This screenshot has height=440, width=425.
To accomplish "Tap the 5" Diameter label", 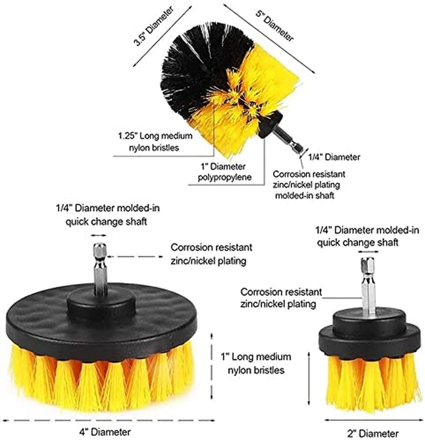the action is (x=275, y=26).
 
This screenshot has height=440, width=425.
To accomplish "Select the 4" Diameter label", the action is (x=105, y=432).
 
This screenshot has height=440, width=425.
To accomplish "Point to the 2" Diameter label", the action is (x=373, y=433).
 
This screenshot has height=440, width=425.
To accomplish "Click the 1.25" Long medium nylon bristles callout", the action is (x=155, y=142).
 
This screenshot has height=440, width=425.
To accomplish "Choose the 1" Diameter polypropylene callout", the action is (x=224, y=172).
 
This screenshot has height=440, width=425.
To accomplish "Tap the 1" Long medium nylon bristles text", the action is (x=256, y=364).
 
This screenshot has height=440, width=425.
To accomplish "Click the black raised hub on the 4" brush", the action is (x=101, y=305).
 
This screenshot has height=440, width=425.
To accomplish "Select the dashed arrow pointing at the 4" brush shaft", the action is (x=135, y=256).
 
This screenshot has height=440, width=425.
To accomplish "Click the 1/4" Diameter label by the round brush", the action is (x=334, y=157).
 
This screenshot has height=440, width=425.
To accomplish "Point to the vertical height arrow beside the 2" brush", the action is (x=309, y=378).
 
